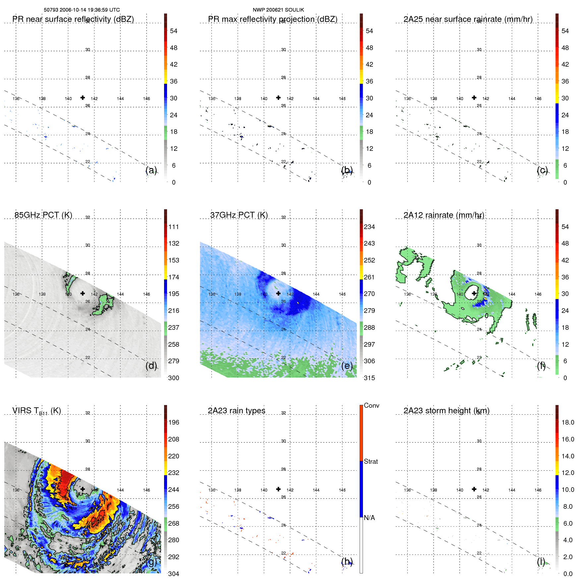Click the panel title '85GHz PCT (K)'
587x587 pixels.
[x=43, y=215]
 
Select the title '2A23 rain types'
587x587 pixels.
[x=236, y=411]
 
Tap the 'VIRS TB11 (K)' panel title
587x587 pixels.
[x=36, y=411]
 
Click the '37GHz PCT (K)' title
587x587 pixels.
[x=239, y=215]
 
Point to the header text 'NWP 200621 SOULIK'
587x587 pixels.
[x=278, y=10]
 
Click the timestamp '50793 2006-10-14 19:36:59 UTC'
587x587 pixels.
[x=82, y=10]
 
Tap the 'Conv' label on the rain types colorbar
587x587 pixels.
[x=371, y=405]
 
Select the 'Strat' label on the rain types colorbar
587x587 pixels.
[x=371, y=461]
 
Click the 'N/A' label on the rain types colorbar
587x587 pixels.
[x=369, y=518]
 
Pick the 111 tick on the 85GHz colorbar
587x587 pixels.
[x=174, y=227]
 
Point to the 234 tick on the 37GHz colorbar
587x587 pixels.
[x=369, y=227]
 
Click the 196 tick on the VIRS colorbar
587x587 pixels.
[x=174, y=422]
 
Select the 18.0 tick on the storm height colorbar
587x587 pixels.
[x=567, y=422]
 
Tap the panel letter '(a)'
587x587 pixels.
[x=151, y=170]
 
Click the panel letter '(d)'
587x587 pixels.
[x=151, y=366]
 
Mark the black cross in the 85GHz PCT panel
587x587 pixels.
[x=83, y=293]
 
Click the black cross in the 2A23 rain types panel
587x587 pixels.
[x=278, y=489]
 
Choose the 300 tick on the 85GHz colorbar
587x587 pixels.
[x=174, y=378]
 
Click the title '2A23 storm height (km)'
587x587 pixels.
[x=446, y=411]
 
